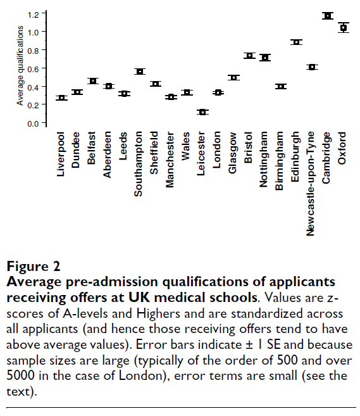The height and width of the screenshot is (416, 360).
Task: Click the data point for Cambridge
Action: tap(328, 16)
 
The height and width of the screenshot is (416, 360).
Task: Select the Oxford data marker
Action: tap(344, 28)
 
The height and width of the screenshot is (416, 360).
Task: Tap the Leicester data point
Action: tap(202, 112)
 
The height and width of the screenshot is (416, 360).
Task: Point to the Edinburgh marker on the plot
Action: tap(296, 42)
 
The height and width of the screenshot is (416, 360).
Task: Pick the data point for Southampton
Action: tap(140, 72)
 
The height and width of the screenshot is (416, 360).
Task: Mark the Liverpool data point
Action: tap(61, 98)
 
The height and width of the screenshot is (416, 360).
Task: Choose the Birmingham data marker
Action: tap(281, 87)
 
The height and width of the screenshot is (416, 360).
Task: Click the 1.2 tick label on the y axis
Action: tap(33, 15)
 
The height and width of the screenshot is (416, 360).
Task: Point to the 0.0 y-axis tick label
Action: tap(33, 123)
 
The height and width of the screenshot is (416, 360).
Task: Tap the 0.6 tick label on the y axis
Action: tap(33, 69)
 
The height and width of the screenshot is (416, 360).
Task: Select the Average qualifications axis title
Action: tap(20, 65)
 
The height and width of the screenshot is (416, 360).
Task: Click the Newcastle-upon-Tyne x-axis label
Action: tap(310, 184)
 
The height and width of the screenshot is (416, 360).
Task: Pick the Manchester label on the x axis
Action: tap(170, 160)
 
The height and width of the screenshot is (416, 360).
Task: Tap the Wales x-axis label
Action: tap(185, 146)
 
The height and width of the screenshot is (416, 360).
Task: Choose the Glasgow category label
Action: tap(232, 153)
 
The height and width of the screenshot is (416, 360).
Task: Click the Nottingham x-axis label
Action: tap(263, 160)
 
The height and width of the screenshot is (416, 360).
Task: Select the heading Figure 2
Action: tap(34, 266)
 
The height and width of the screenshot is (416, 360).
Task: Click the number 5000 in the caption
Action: tap(20, 375)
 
